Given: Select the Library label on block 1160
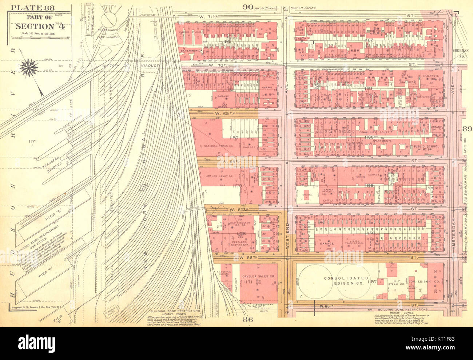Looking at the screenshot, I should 436,127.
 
